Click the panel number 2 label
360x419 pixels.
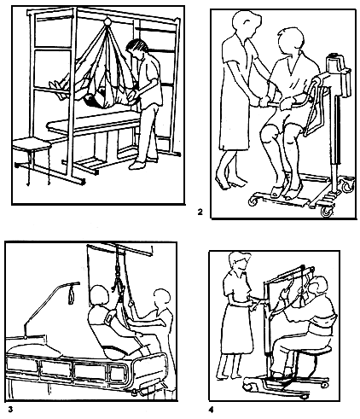coord(200,212)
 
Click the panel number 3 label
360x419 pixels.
coord(10,410)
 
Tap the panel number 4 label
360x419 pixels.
coord(211,410)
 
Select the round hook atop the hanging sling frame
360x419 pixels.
coord(107,21)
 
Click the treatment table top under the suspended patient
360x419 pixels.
coord(94,124)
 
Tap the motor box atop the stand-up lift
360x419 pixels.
coord(338,61)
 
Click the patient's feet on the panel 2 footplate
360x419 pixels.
coord(287,191)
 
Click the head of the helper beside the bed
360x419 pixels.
coord(162,300)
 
